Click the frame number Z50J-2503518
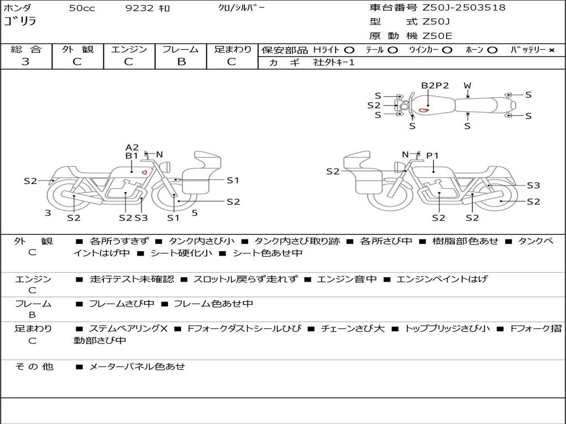pyautogui.click(x=464, y=8)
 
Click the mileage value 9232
pyautogui.click(x=140, y=8)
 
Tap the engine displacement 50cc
pyautogui.click(x=82, y=8)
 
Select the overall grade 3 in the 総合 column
pyautogui.click(x=25, y=62)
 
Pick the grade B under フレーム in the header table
pyautogui.click(x=181, y=62)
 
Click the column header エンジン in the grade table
pyautogui.click(x=129, y=50)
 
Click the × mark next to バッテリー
pyautogui.click(x=551, y=50)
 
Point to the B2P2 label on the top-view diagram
pyautogui.click(x=435, y=86)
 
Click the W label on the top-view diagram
pyautogui.click(x=468, y=86)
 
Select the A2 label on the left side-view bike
pyautogui.click(x=132, y=147)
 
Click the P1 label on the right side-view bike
pyautogui.click(x=432, y=156)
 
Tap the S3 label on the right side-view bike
pyautogui.click(x=533, y=185)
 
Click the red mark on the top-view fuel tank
pyautogui.click(x=424, y=110)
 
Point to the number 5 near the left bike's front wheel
pyautogui.click(x=195, y=213)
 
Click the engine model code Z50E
pyautogui.click(x=437, y=36)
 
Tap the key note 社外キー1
pyautogui.click(x=334, y=62)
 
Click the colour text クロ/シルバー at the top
pyautogui.click(x=242, y=8)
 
